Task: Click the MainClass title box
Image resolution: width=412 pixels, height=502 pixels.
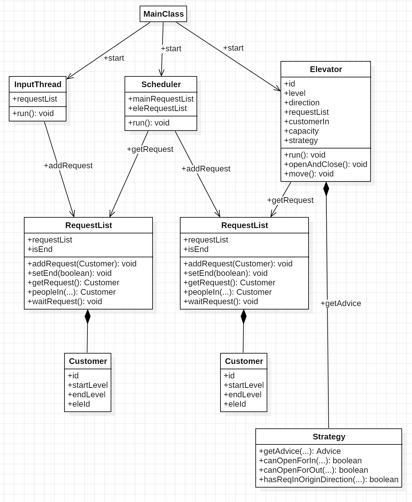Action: point(163,14)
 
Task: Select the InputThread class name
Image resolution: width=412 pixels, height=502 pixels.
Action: point(38,84)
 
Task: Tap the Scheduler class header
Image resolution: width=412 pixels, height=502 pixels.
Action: point(161,84)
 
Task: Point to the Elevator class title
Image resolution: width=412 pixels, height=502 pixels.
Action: point(326,69)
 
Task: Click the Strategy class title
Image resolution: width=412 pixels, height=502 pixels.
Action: point(329,437)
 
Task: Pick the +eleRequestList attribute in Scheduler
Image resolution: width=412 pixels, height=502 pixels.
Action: point(157,108)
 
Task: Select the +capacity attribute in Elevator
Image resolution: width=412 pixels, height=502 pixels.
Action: point(301,131)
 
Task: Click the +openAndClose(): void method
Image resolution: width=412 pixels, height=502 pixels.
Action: point(326,164)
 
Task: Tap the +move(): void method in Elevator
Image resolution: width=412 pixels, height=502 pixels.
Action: point(309,174)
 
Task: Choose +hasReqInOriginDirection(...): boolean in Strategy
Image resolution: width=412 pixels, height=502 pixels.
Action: point(329,479)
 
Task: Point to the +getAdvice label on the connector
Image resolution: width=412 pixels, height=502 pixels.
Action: point(341,303)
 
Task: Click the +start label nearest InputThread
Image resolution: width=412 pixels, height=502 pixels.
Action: point(114,58)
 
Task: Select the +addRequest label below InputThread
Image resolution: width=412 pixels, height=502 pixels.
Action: point(68,165)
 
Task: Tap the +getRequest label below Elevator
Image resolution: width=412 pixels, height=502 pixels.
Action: point(290,200)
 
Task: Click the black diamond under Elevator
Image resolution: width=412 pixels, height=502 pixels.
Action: point(326,189)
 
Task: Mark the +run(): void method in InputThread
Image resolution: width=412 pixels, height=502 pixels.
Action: point(33,113)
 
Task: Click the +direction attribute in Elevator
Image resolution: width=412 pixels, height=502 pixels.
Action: point(302,103)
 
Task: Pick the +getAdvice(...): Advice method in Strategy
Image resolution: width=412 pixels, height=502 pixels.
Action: point(300,451)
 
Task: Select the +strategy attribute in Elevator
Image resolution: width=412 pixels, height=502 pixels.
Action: point(301,140)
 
